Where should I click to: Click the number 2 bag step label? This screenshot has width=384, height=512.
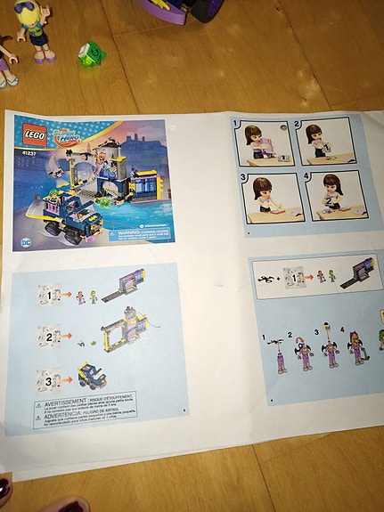coord(49,337)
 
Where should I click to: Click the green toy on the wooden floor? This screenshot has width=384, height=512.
coord(91,53)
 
